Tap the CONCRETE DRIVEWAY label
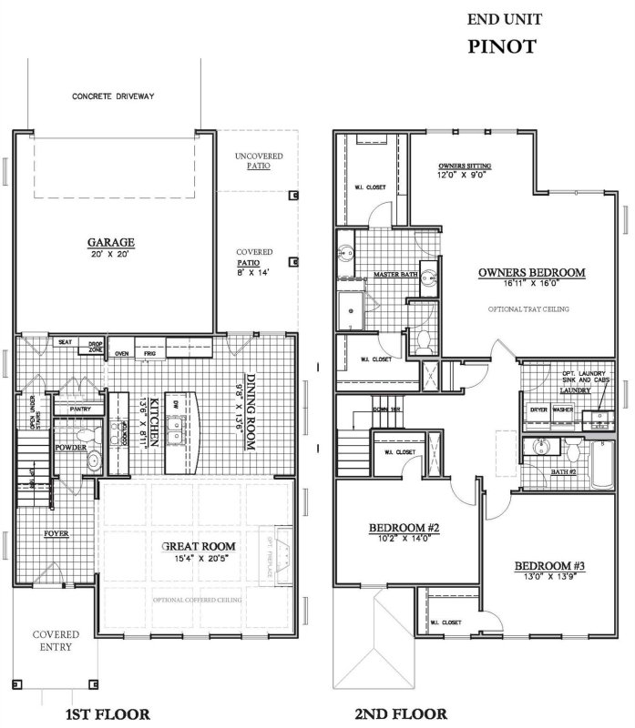pos(115,95)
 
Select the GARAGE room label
pos(111,242)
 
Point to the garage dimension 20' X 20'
pos(111,255)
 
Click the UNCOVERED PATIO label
pos(259,161)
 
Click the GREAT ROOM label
pos(199,546)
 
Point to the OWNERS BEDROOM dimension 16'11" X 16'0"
pos(531,284)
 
